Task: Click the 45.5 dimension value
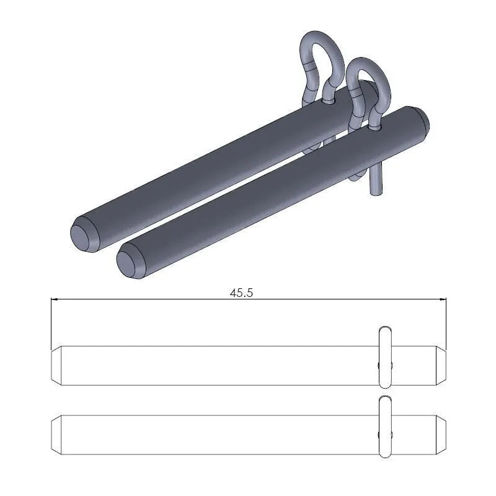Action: [x=241, y=293]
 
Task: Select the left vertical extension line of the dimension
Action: [x=50, y=322]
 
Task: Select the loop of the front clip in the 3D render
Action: [x=368, y=77]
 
